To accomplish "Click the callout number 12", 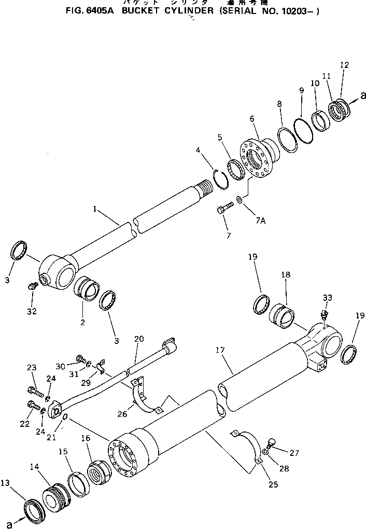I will point(344,65).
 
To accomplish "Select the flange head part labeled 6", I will point(257,156).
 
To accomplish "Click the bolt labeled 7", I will point(224,208).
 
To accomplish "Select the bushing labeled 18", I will point(283,316).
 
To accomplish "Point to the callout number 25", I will point(273,484).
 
